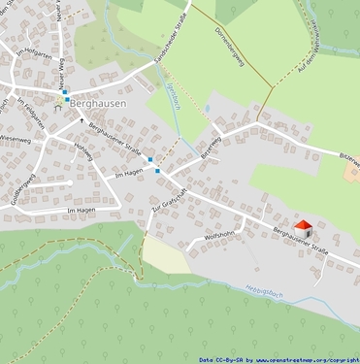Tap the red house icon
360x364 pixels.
point(303,228)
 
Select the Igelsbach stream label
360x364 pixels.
point(175,95)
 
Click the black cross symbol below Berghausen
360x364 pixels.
point(68,119)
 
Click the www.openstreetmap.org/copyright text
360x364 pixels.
point(300,358)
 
